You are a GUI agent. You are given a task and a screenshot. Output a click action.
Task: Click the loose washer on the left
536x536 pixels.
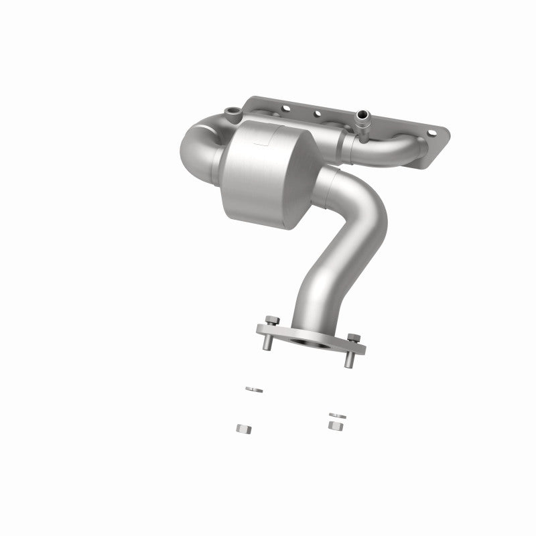click(x=253, y=389)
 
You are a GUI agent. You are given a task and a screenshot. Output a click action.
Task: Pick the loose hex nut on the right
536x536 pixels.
click(x=335, y=425)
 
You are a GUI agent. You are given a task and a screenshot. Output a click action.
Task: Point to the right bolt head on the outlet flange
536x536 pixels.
click(x=354, y=337)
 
